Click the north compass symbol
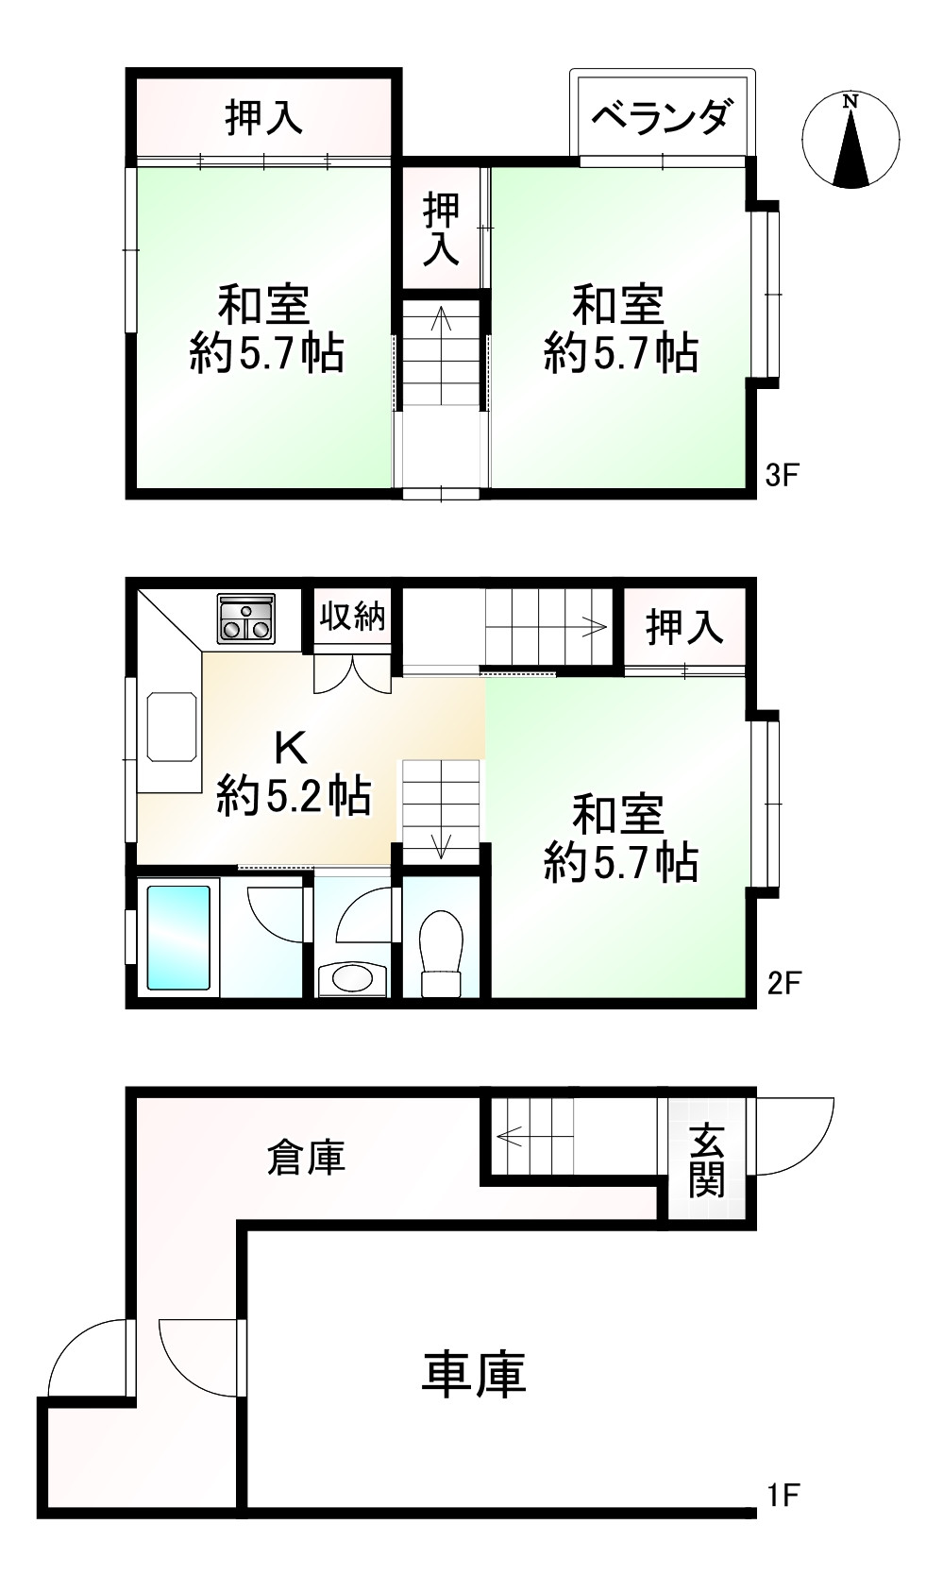tap(850, 139)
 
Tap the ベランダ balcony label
tap(662, 117)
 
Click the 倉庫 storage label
tap(306, 1156)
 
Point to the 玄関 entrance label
tap(707, 1160)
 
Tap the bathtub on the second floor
tap(178, 938)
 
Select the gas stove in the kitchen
tap(246, 618)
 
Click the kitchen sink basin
tap(173, 726)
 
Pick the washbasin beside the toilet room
tap(352, 978)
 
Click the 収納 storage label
tap(352, 617)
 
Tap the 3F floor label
tap(782, 474)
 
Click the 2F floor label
tap(783, 983)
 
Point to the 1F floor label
tap(783, 1495)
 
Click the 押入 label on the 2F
tap(684, 627)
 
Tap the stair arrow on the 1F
tap(511, 1136)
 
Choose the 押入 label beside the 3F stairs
tap(441, 229)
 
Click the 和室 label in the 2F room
tap(618, 814)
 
